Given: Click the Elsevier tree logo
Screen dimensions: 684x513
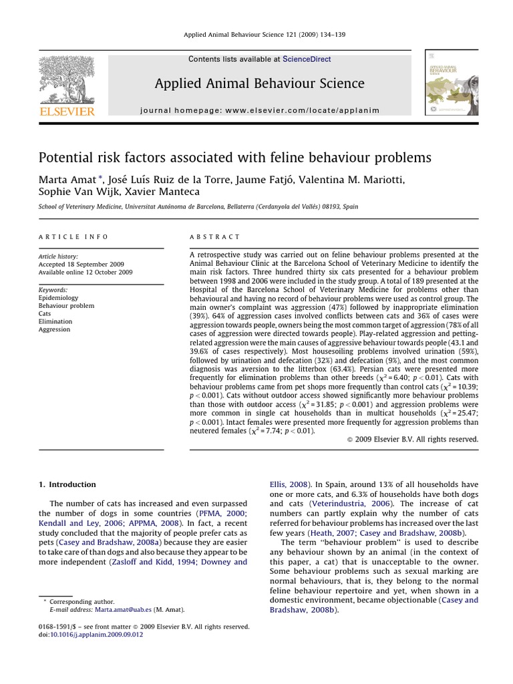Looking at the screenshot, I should (67, 81).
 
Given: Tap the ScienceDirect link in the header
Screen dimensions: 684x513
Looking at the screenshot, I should (307, 59).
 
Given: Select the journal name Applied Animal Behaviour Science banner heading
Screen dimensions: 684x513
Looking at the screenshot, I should (260, 83).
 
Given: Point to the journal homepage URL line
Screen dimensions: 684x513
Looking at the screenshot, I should (260, 110).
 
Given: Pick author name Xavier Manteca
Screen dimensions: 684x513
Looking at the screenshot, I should (170, 192).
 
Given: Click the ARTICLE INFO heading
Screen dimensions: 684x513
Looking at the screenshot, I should (73, 237).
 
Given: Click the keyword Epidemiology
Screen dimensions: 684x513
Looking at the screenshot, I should (58, 297).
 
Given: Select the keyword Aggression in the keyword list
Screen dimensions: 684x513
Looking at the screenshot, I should (54, 329).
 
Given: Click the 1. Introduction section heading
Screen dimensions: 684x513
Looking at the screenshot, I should (67, 484).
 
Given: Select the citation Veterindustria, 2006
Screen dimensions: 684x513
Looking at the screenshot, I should (345, 503).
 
